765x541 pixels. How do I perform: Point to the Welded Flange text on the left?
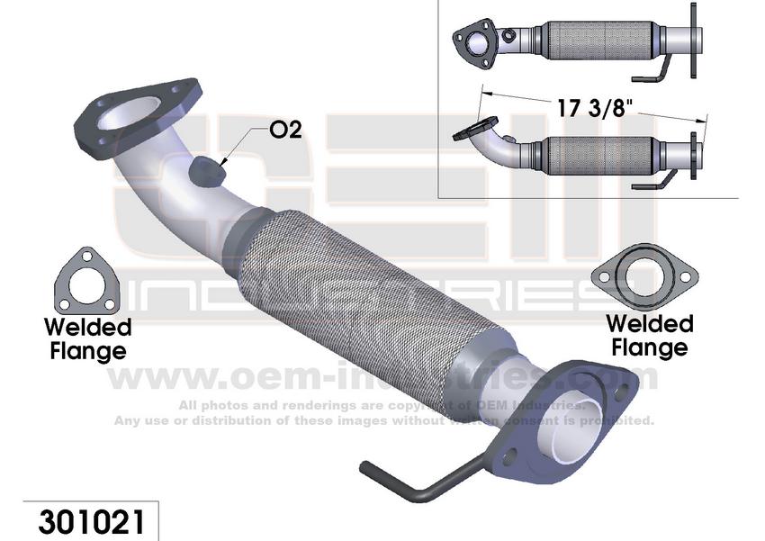tap(87, 337)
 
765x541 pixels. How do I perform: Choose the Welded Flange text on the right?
tap(648, 334)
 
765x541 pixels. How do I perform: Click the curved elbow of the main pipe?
tap(157, 180)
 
